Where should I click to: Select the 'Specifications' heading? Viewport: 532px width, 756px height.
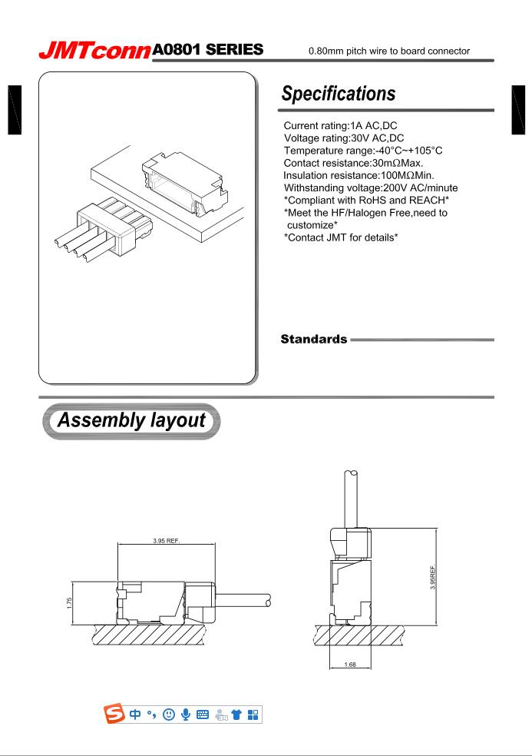pos(339,94)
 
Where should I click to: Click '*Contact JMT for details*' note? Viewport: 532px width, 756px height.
pos(339,236)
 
